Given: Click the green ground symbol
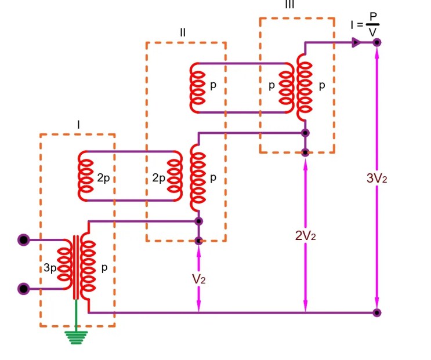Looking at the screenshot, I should click(x=76, y=337).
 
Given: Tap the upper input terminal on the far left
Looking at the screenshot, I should click(x=24, y=240).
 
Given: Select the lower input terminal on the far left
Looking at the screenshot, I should click(x=24, y=288).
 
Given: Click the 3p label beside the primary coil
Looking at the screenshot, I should click(x=50, y=268).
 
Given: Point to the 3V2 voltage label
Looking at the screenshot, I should click(x=376, y=179).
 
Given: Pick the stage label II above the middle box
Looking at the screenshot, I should click(x=183, y=32).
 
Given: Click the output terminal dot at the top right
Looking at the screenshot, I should click(x=377, y=42).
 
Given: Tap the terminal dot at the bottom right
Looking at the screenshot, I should click(x=377, y=313).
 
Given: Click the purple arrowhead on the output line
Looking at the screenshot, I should click(x=356, y=42).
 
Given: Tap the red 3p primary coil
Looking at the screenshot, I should click(x=64, y=264).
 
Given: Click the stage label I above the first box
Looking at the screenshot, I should click(x=78, y=124).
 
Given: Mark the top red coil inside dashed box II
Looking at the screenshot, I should click(x=198, y=87).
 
